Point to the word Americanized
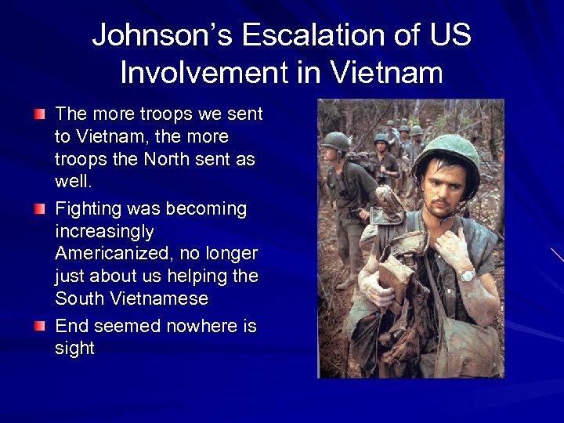pos(107,254)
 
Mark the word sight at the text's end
pos(74,348)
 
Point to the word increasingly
pos(104,231)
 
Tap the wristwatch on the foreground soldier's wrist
pos(468,275)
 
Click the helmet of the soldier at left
pos(336,141)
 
